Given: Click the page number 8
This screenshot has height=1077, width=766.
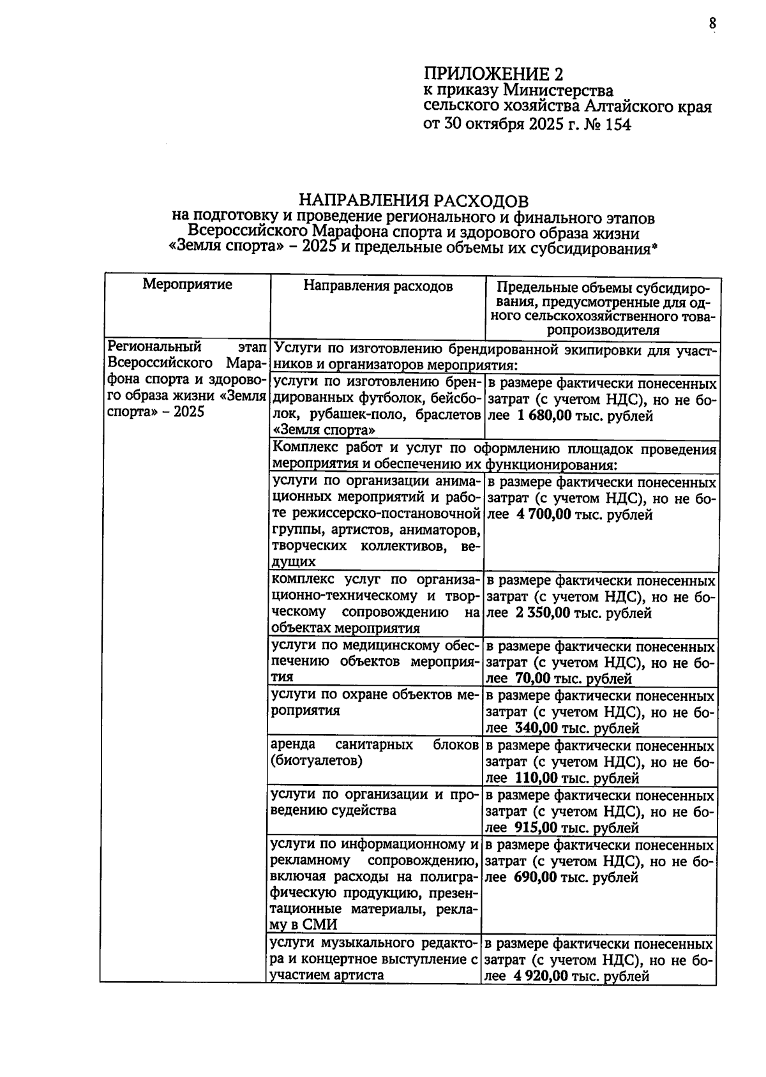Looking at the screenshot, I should [712, 24].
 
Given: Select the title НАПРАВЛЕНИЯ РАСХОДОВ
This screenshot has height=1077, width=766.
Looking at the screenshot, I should [414, 201].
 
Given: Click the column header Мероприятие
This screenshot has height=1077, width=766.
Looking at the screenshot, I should [187, 284].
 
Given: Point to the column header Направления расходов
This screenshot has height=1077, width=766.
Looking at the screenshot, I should [377, 286].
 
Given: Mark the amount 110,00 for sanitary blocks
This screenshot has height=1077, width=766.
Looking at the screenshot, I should [534, 778].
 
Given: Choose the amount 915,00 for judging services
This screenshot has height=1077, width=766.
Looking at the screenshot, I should [534, 828].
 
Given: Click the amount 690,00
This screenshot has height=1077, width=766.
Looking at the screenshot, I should [534, 878].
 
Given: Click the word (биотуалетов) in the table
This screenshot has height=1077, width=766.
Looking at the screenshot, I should [316, 761].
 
